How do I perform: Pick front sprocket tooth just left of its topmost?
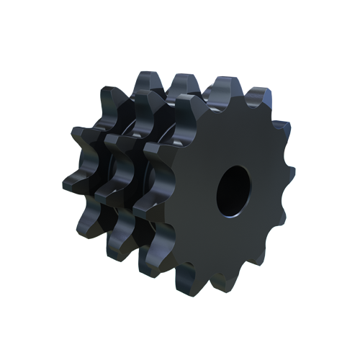click(189, 104)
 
